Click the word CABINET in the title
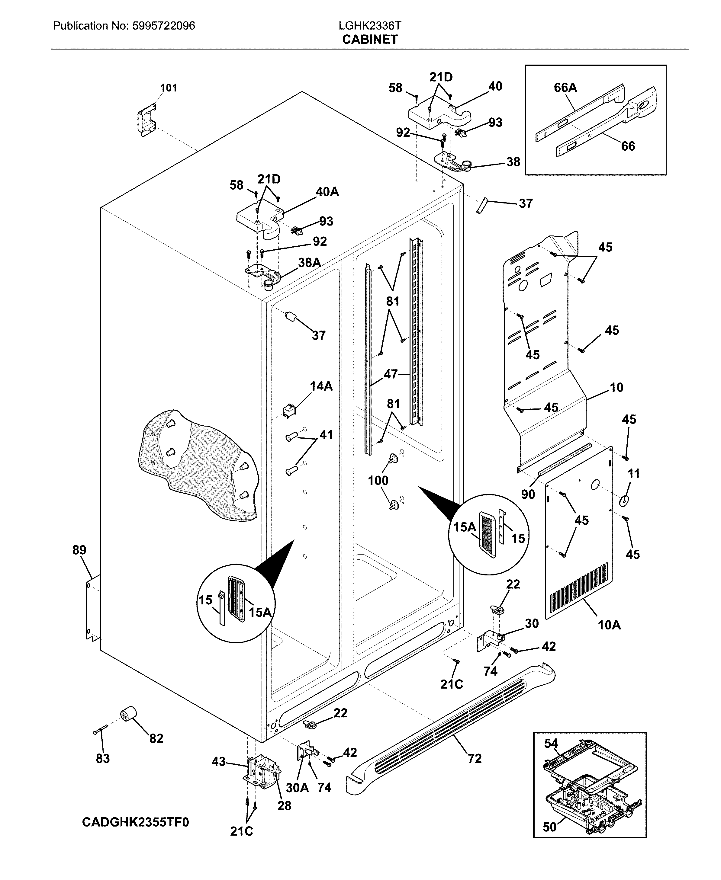click(x=370, y=40)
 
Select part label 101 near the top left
click(x=169, y=88)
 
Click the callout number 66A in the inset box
click(x=565, y=88)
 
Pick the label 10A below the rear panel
click(x=609, y=636)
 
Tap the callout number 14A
click(x=321, y=386)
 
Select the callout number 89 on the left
click(x=79, y=550)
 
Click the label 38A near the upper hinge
click(x=309, y=263)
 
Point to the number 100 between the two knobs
click(x=378, y=481)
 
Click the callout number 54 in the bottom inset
click(x=551, y=744)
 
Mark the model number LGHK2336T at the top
click(x=370, y=26)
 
